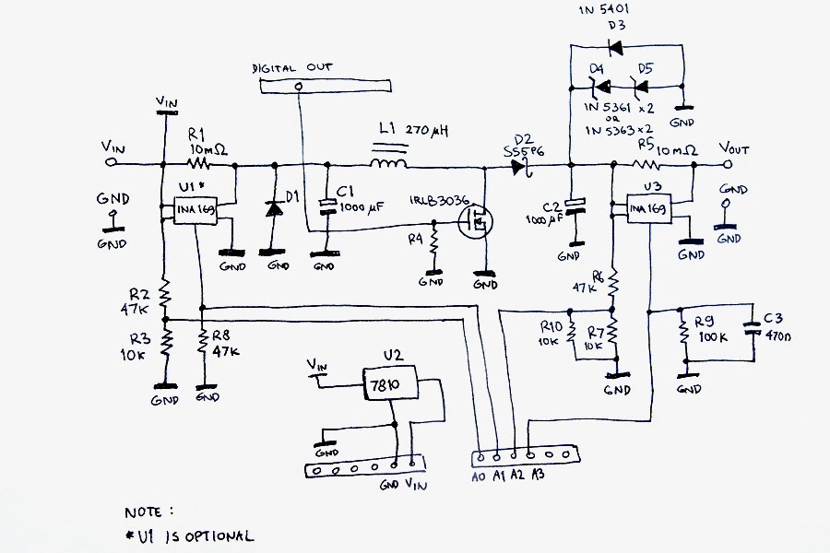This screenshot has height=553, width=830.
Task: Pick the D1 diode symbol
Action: tap(273, 207)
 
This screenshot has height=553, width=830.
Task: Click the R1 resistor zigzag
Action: tap(199, 165)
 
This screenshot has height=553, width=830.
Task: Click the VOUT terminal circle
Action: tap(728, 165)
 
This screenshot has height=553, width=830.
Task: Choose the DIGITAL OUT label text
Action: tap(292, 68)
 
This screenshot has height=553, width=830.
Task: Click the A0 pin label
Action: tap(477, 477)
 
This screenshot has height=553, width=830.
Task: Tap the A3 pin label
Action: tap(538, 477)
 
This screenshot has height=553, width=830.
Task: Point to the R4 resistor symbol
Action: tap(433, 244)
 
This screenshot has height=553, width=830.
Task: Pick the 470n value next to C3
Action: tap(779, 337)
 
